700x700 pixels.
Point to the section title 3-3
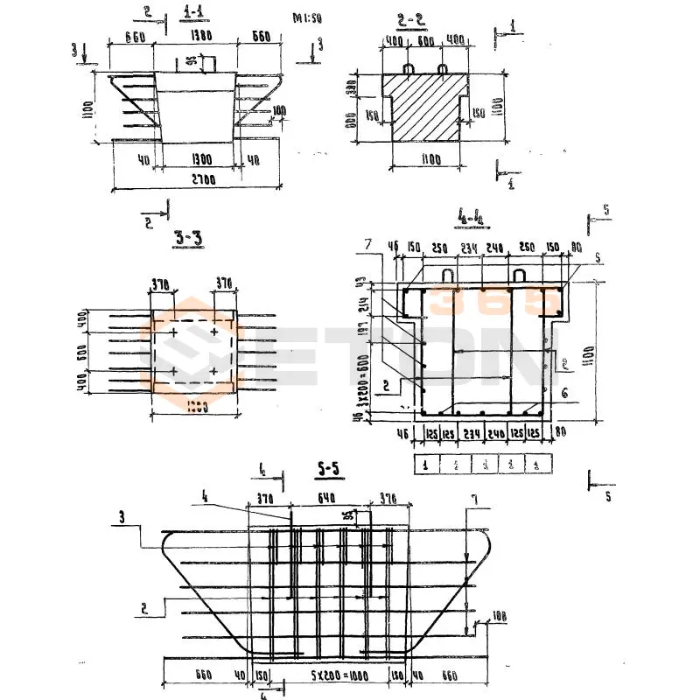tap(187, 237)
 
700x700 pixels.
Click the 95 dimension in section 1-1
tap(190, 62)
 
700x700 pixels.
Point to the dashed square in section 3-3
tap(193, 353)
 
